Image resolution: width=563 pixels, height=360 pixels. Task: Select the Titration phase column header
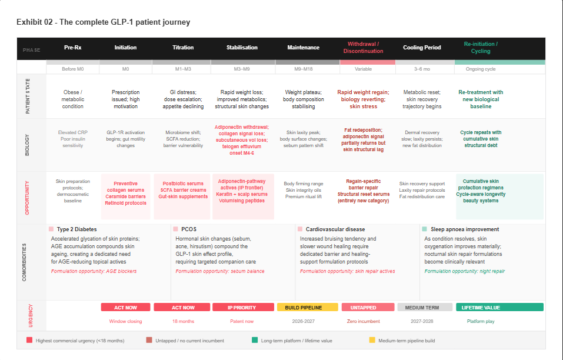coord(183,48)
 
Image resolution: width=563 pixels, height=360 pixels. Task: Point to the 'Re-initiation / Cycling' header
coord(481,48)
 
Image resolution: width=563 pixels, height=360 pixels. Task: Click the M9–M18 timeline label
coord(303,69)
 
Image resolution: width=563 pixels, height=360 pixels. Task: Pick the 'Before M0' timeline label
coord(73,69)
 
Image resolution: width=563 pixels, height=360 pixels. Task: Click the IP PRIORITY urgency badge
coord(242,307)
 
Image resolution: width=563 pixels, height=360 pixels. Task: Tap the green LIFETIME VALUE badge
coord(481,307)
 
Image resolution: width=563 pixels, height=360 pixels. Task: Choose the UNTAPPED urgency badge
coord(364,307)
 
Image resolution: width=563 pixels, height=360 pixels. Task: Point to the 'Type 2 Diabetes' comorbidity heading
coord(76,229)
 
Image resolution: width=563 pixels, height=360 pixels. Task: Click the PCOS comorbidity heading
coord(188,229)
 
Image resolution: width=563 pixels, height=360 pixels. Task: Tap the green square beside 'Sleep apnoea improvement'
coord(424,229)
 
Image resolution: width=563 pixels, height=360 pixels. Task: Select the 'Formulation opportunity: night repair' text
coord(464,271)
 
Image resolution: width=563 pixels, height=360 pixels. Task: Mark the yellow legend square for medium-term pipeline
coord(372,340)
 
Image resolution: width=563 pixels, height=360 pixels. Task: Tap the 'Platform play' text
coord(481,321)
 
